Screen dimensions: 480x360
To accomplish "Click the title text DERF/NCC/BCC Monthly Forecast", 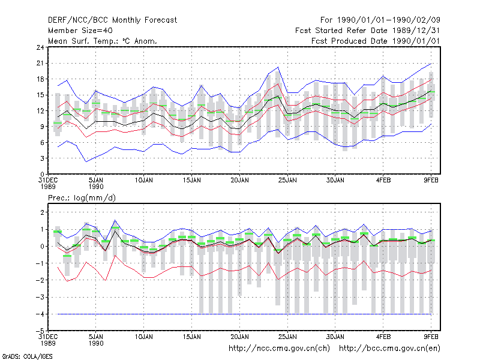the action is coord(112,20).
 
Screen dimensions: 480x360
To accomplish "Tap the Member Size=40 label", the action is coord(80,31).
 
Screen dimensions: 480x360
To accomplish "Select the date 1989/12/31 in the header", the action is coord(416,31).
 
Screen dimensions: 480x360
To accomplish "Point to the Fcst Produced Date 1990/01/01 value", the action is coord(376,41).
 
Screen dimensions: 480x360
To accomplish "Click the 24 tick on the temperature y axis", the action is coord(40,47).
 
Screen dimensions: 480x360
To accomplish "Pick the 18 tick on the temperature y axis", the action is coord(40,79).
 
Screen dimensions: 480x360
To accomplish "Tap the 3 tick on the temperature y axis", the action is coord(42,158).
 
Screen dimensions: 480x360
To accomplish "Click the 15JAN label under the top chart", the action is coord(191,181).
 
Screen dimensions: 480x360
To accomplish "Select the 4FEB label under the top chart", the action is coord(383,181).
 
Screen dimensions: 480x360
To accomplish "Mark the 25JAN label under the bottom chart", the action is coord(287,337).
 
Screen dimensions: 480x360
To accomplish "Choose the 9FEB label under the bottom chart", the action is coord(431,337).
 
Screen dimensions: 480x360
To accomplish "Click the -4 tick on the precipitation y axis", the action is coord(40,314).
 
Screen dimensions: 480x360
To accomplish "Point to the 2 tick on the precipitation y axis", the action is coord(42,212).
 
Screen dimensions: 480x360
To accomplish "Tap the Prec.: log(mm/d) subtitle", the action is coord(82,198).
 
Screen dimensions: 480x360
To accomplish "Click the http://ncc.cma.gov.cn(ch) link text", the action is coord(279,349).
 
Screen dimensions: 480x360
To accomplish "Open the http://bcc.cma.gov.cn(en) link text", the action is coord(389,349).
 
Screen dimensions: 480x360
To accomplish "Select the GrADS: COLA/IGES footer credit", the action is coord(27,356).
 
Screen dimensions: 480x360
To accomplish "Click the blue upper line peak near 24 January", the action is coord(278,67).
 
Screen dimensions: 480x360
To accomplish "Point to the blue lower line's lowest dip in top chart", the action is coord(86,161).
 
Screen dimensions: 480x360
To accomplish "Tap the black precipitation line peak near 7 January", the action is coord(115,231).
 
